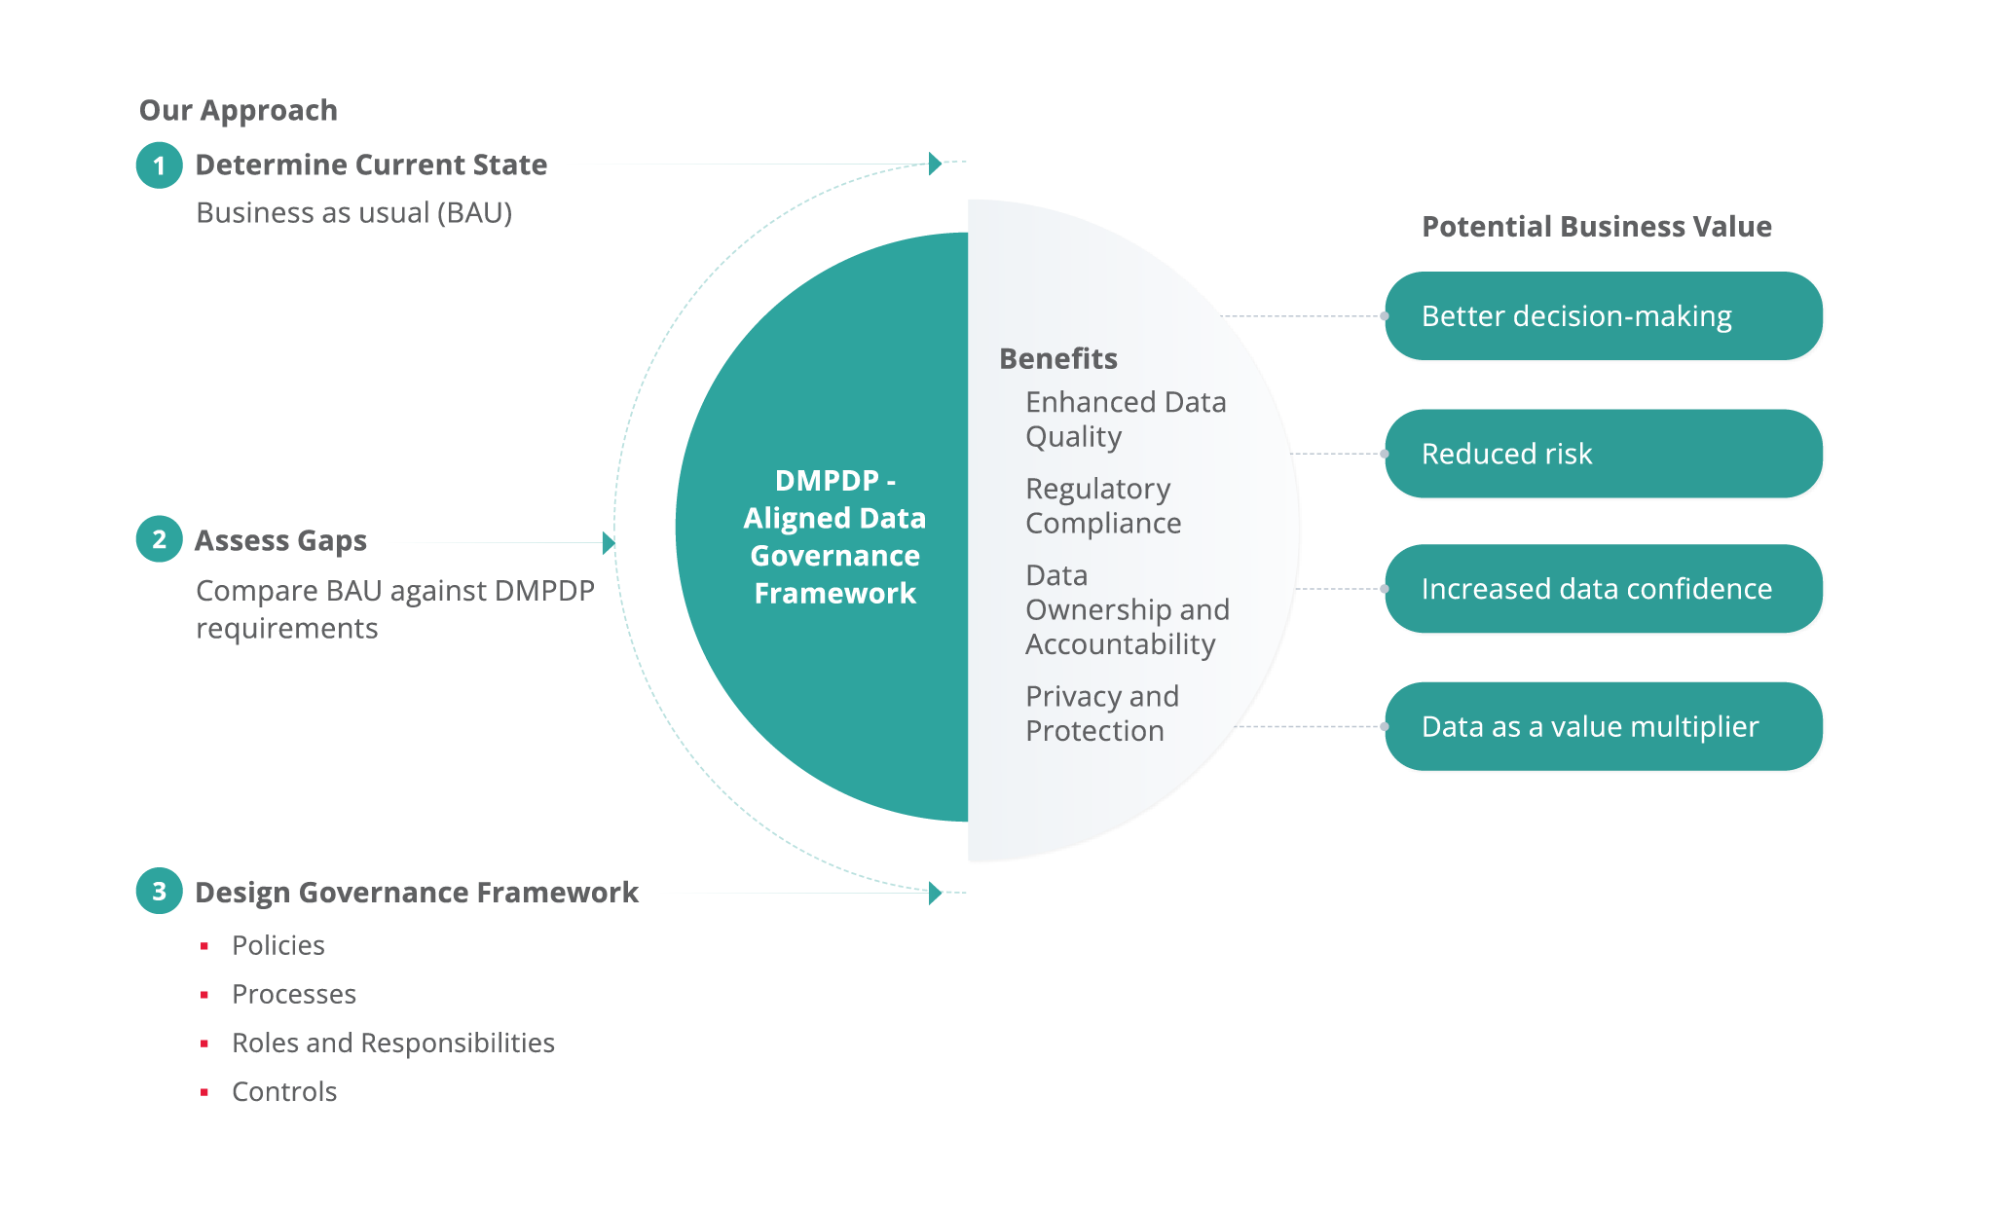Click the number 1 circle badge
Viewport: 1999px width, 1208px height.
click(x=160, y=165)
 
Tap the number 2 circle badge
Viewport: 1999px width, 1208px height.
click(x=160, y=539)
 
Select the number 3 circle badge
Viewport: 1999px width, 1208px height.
click(x=160, y=891)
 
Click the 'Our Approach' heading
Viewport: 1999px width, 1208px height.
click(x=239, y=111)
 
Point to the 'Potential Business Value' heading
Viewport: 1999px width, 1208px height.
click(x=1597, y=227)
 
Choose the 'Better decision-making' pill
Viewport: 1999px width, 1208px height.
click(x=1604, y=316)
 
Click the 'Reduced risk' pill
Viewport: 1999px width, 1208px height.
click(x=1604, y=454)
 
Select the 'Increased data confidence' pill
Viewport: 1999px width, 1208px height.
click(x=1604, y=589)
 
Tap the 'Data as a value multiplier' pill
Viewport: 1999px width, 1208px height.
click(x=1604, y=726)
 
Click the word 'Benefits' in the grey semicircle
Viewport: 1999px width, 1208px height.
click(x=1058, y=359)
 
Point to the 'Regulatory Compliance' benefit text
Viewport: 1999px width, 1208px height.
click(x=1103, y=506)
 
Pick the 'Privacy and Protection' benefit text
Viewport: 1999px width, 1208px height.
click(x=1102, y=714)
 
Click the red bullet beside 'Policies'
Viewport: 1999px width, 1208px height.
click(x=204, y=946)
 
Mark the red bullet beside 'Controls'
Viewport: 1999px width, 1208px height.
click(x=204, y=1092)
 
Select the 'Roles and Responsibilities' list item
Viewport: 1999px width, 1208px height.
click(x=393, y=1043)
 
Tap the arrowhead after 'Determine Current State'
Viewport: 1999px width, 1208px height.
click(x=935, y=164)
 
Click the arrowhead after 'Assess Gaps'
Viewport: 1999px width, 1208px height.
click(x=609, y=543)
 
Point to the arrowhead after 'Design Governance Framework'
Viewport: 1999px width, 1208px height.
click(x=935, y=893)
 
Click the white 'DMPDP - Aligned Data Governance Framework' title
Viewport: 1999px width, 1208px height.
click(x=834, y=536)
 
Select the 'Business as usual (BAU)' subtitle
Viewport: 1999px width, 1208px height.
click(x=354, y=213)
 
